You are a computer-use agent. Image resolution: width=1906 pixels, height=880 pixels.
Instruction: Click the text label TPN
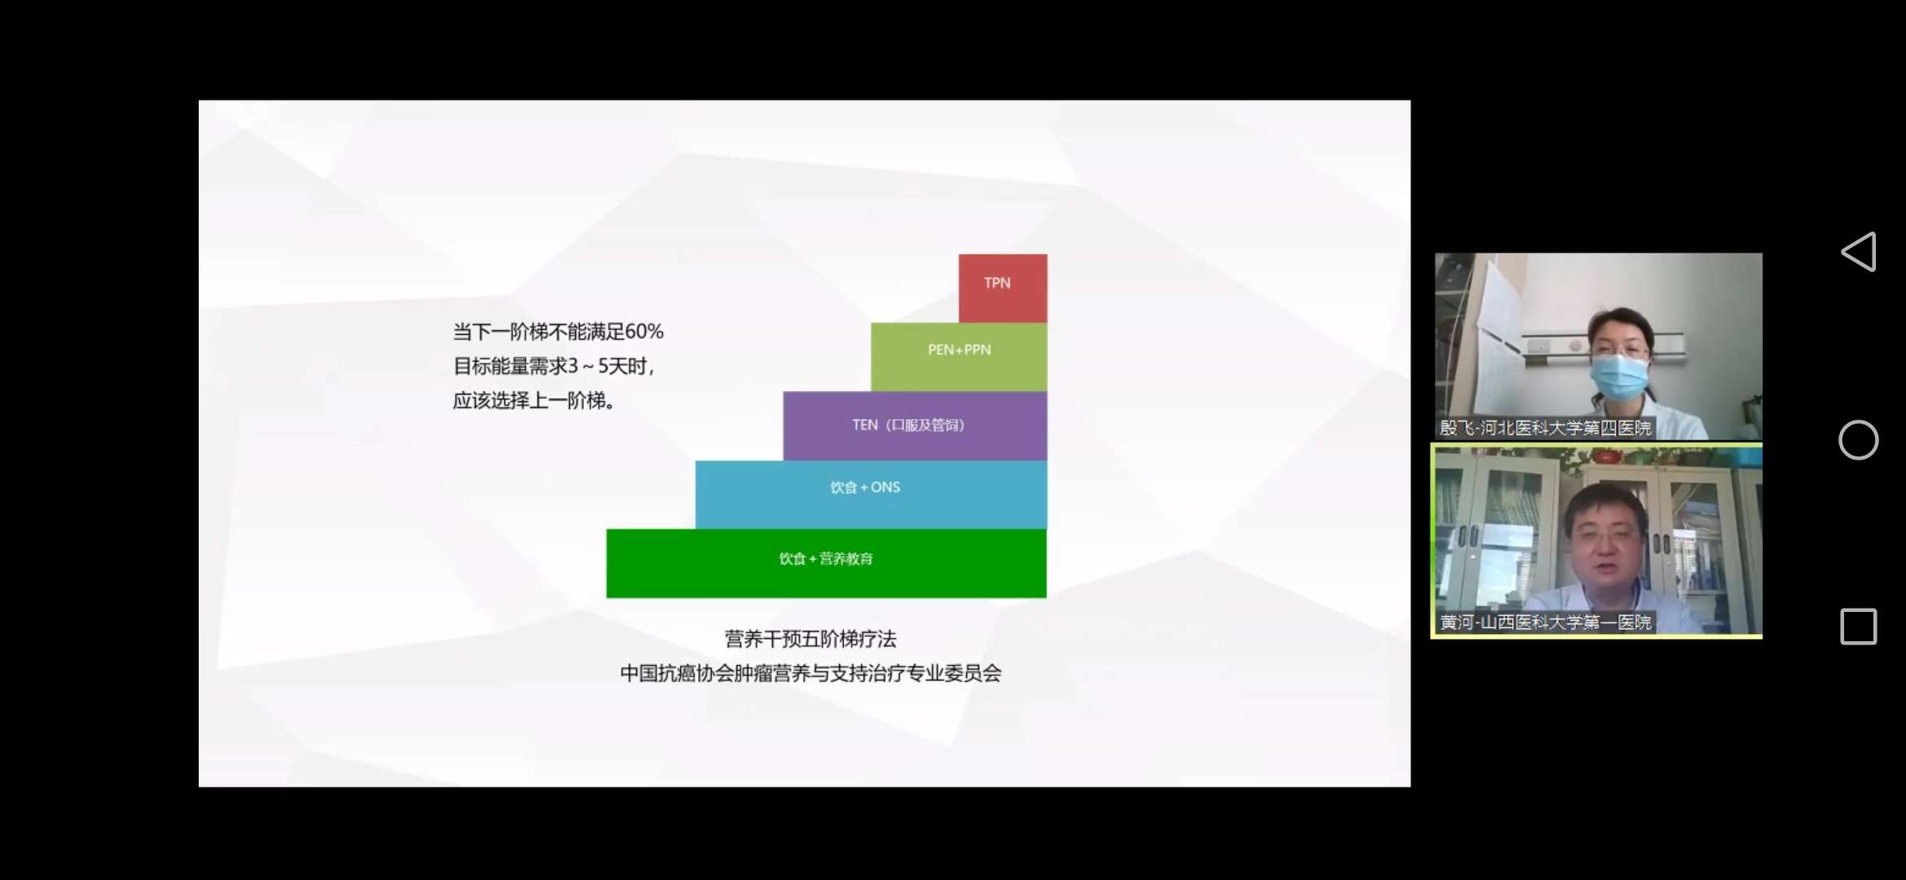[x=997, y=283]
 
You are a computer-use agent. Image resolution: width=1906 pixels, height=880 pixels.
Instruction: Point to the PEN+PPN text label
[x=959, y=350]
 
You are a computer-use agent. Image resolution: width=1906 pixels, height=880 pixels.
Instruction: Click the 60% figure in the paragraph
[x=643, y=332]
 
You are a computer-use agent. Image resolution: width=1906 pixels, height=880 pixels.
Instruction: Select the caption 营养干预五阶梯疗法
[x=810, y=639]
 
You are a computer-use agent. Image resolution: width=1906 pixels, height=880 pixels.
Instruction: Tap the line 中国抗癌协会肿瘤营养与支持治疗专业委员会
[x=810, y=673]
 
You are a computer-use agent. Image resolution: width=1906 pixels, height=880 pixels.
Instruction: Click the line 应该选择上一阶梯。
[x=534, y=401]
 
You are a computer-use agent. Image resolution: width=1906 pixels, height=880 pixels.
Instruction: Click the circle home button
[x=1858, y=440]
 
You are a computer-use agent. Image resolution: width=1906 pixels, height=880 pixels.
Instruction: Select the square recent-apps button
[x=1858, y=627]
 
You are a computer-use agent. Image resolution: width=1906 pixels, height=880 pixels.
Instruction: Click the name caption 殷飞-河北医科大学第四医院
[x=1545, y=428]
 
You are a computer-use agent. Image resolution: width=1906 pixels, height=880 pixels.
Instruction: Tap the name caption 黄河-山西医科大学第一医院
[x=1545, y=623]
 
